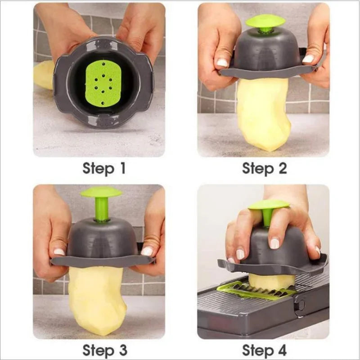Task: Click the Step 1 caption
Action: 104,169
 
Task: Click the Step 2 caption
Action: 264,169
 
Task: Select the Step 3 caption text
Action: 104,350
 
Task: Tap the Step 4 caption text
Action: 264,350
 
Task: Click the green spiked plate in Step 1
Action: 103,83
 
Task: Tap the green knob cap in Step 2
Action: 265,21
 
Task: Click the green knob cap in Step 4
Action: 269,205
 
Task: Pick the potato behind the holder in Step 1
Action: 44,74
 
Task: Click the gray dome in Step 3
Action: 102,236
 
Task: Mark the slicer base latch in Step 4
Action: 299,305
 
